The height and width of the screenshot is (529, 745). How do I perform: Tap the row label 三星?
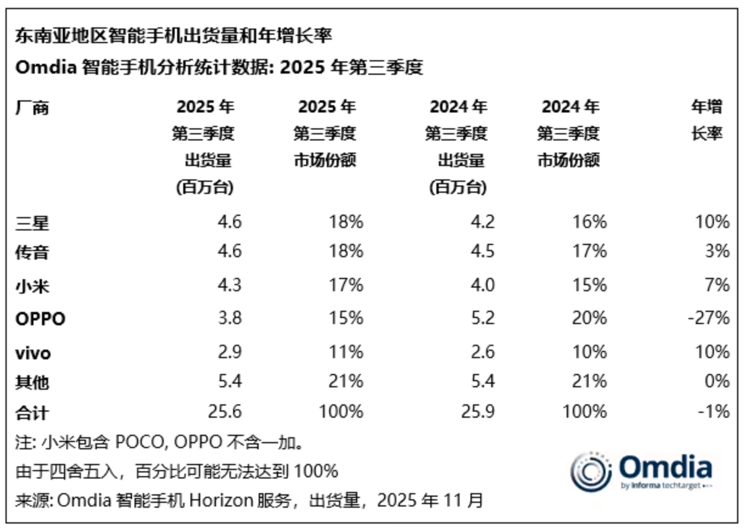pos(32,223)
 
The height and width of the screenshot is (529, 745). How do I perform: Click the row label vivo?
pos(33,352)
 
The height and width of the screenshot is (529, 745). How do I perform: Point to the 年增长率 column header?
pos(707,120)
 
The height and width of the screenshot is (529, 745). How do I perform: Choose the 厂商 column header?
pos(32,108)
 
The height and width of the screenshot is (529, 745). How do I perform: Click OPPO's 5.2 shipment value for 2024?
pos(482,318)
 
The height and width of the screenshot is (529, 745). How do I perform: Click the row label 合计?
pos(32,413)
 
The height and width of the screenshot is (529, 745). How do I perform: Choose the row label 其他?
pos(32,382)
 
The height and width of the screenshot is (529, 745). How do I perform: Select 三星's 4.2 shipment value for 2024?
pos(482,222)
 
